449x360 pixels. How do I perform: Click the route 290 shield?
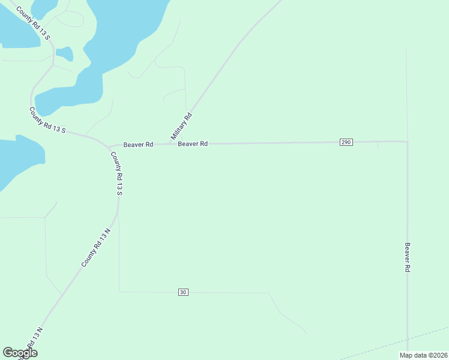coord(346,142)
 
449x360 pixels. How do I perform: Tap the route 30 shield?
coord(183,292)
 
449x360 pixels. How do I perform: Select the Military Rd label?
coord(181,127)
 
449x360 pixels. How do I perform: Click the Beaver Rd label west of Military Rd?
coord(138,145)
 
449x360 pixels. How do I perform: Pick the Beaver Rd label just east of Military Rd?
coord(193,144)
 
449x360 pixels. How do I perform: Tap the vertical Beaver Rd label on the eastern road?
coord(407,258)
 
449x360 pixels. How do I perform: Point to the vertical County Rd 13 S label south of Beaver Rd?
coord(117,173)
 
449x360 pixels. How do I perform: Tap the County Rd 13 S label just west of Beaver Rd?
coord(47,120)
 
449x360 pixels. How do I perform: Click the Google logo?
coord(20,353)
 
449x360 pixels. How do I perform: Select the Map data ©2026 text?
coord(423,355)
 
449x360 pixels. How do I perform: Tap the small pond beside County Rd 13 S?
coord(64,54)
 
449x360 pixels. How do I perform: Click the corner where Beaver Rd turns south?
coord(407,142)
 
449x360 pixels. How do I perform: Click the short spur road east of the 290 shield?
coord(378,145)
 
